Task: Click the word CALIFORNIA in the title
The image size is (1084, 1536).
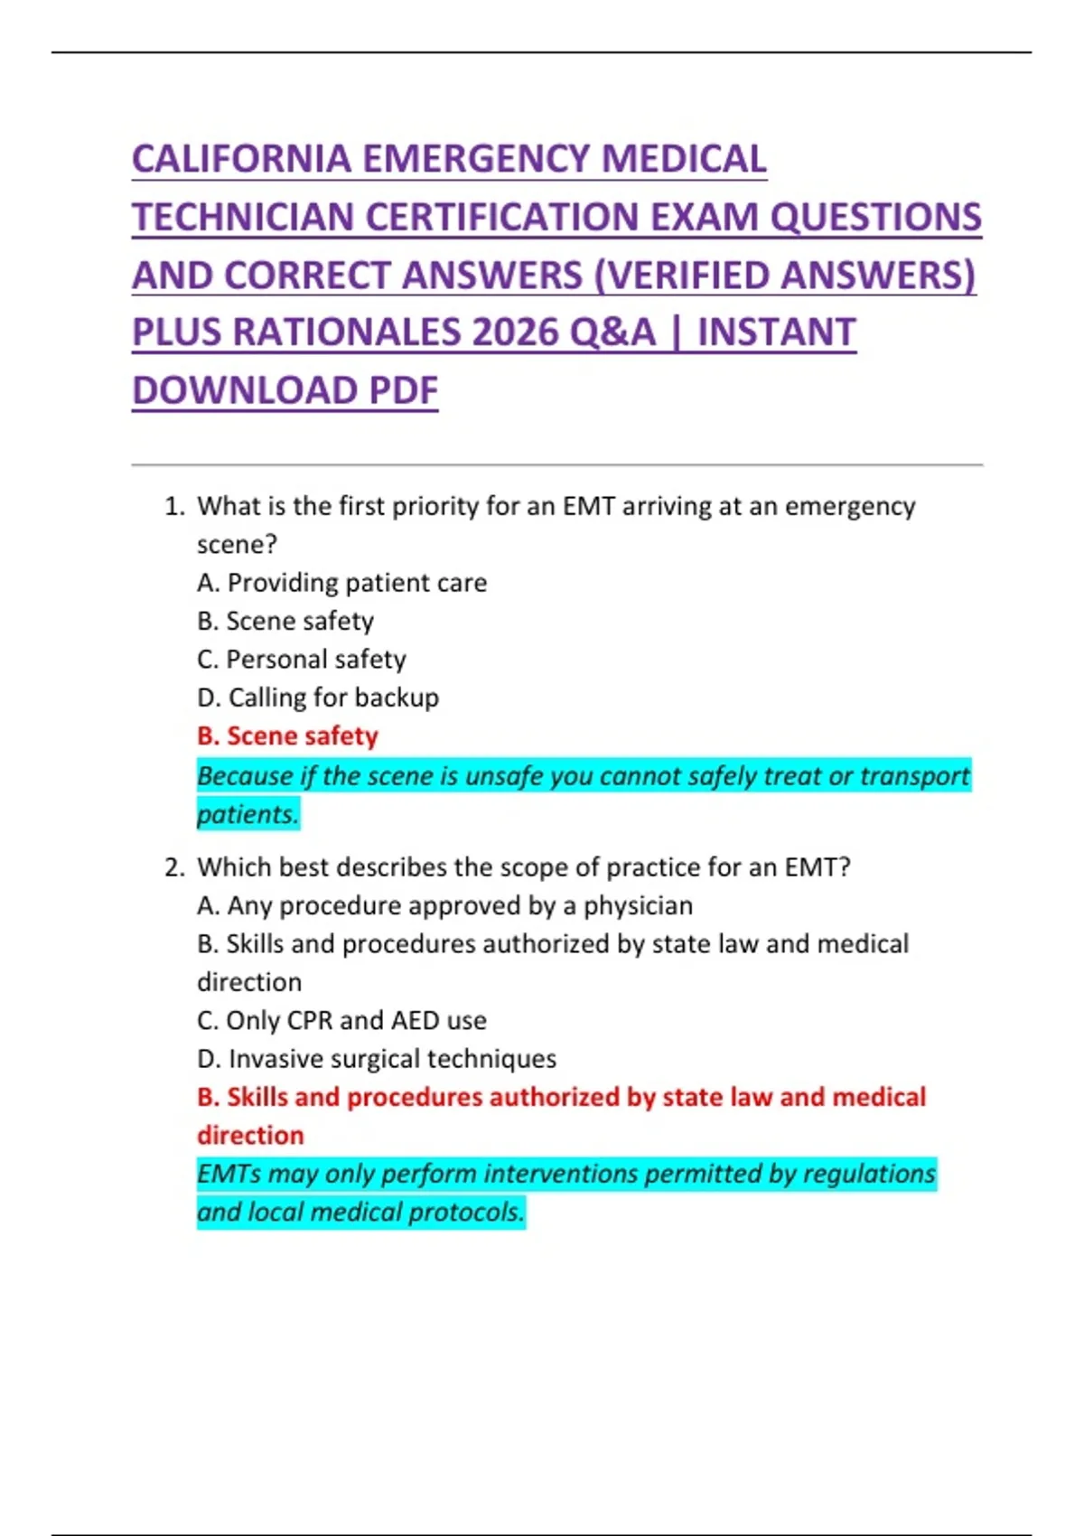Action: [241, 160]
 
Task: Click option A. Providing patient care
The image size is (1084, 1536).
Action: [341, 583]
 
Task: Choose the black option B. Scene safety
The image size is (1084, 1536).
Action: [285, 622]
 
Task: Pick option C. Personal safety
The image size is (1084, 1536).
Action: [302, 660]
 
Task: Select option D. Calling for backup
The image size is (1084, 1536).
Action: [318, 698]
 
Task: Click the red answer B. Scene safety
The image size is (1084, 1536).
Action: [287, 736]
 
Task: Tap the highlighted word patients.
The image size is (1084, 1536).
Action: [247, 815]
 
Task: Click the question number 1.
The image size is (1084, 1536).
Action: [173, 507]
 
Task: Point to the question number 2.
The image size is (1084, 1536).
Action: [173, 868]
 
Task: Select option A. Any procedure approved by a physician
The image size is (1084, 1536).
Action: [444, 905]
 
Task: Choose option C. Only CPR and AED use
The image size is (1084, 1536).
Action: [341, 1021]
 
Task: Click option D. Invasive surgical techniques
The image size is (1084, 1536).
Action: [377, 1059]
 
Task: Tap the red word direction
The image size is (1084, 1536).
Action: [250, 1136]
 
